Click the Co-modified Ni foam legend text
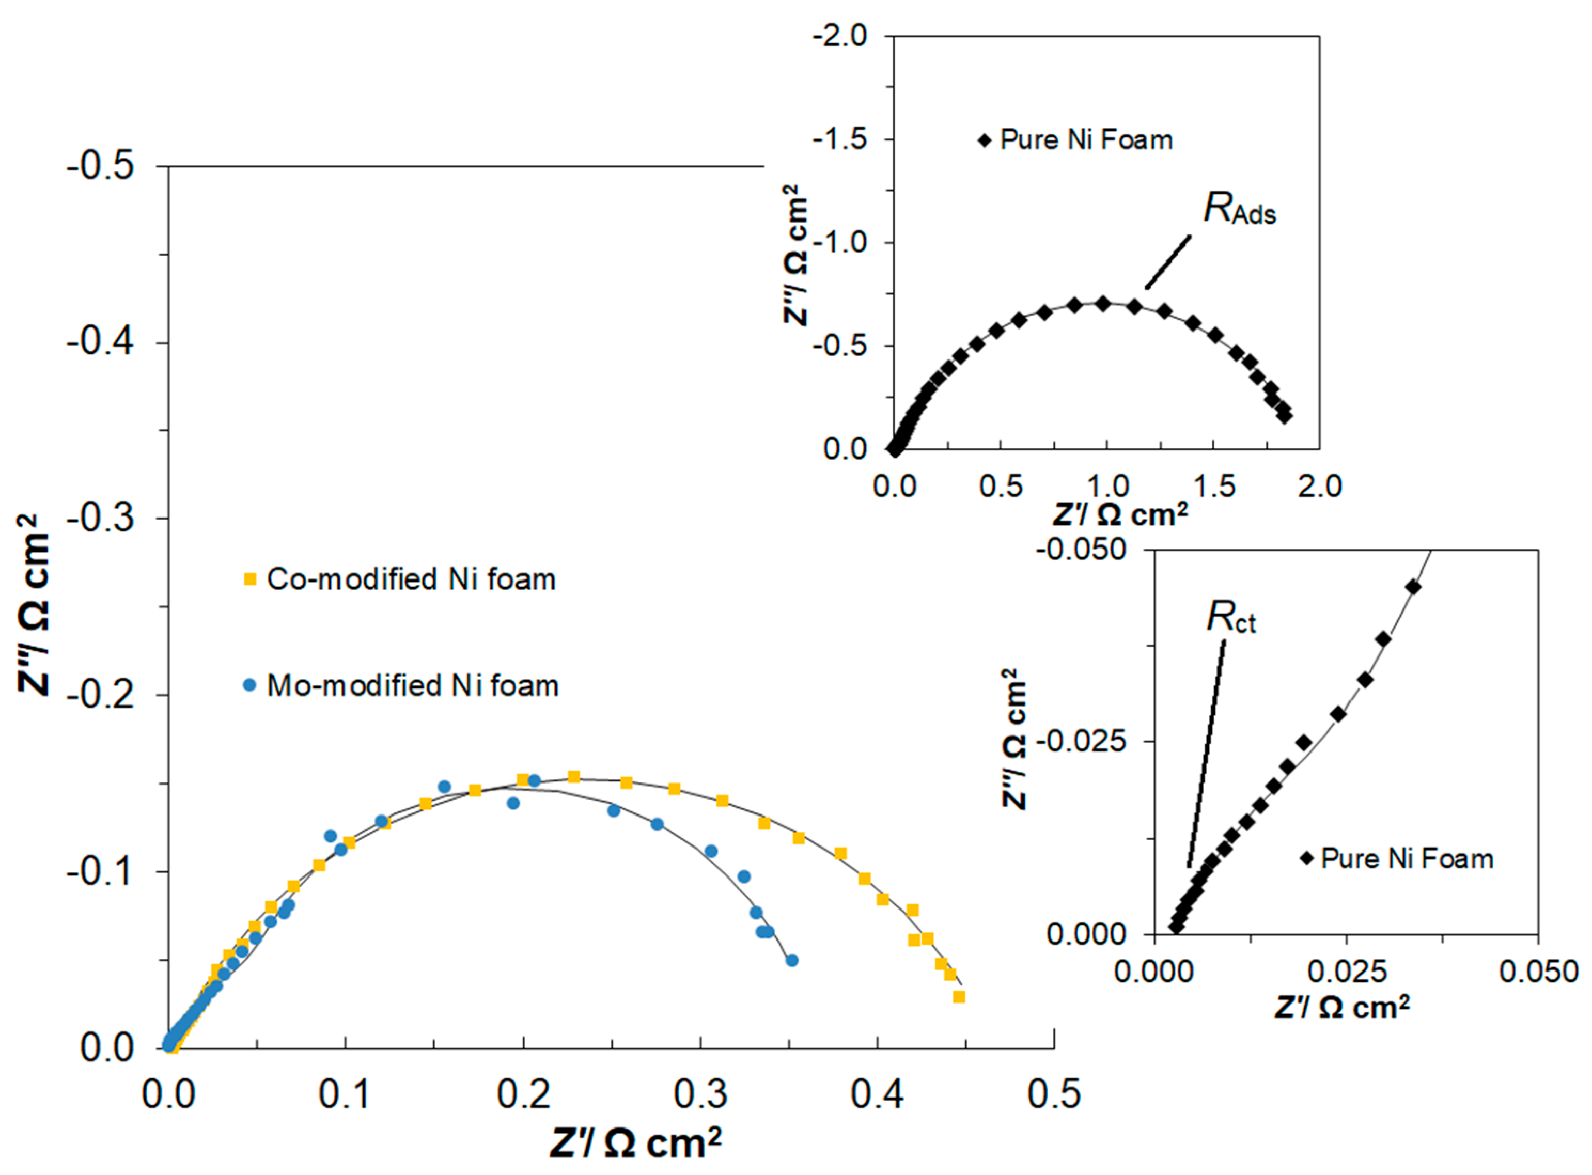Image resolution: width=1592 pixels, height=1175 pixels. [411, 579]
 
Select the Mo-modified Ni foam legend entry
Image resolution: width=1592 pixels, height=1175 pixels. [413, 686]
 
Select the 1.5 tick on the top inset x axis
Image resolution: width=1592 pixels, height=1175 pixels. [1213, 487]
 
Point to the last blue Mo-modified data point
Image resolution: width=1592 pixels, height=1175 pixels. [792, 960]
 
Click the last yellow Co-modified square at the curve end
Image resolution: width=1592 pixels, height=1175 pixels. [959, 997]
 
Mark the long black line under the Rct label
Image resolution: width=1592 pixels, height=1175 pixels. [1207, 753]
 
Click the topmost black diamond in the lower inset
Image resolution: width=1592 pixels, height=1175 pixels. [1413, 587]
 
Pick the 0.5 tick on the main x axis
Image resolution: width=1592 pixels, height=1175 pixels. [1054, 1093]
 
